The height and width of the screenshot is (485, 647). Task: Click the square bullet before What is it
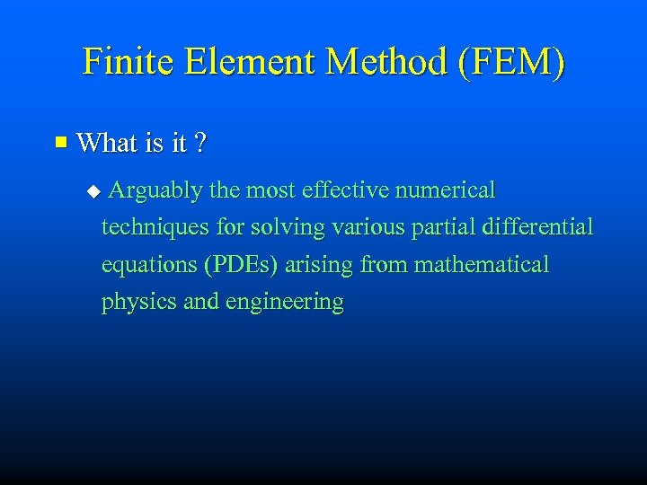tap(61, 141)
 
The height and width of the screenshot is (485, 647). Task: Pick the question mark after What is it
tap(200, 142)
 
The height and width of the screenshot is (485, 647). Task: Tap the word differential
tap(538, 227)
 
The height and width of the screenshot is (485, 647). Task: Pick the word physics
tap(138, 303)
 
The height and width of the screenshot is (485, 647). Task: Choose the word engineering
tap(285, 303)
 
